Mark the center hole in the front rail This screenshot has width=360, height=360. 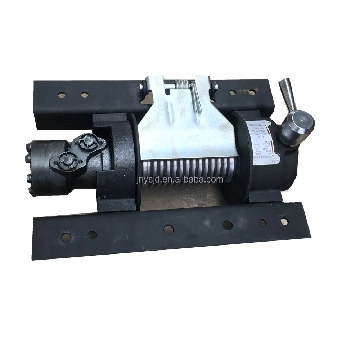click(x=167, y=228)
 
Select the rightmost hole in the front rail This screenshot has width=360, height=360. click(x=285, y=220)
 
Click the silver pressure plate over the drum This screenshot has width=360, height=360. click(x=180, y=122)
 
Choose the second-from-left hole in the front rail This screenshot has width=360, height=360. click(x=92, y=234)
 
